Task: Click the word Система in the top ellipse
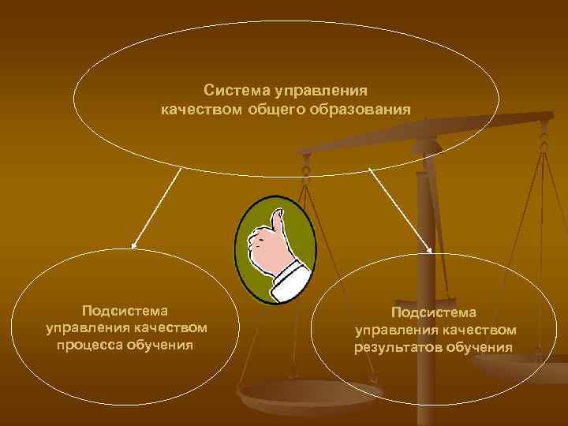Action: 234,91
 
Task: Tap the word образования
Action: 366,109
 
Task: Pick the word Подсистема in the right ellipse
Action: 435,312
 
